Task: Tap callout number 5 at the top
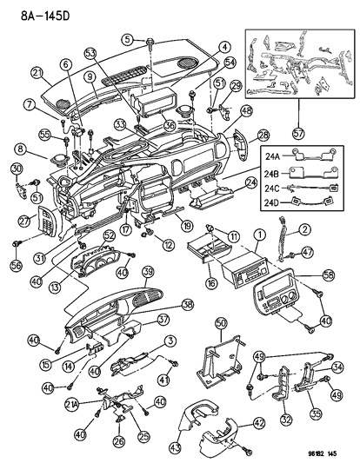tap(127, 38)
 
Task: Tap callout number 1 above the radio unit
tap(258, 235)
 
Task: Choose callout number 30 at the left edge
tap(16, 168)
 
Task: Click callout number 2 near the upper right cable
tap(304, 228)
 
